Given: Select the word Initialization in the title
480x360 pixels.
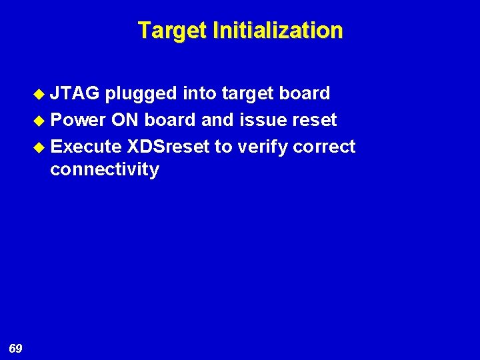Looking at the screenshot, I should coord(278,31).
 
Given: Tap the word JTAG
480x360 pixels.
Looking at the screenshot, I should coord(75,93).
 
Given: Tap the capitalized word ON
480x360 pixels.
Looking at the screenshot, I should coord(125,120).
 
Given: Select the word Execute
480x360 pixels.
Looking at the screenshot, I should coord(86,146).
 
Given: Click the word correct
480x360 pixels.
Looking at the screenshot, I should coord(327,146).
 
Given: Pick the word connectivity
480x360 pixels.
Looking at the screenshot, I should coord(105,170).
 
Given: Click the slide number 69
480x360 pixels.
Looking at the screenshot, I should coord(16,348).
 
